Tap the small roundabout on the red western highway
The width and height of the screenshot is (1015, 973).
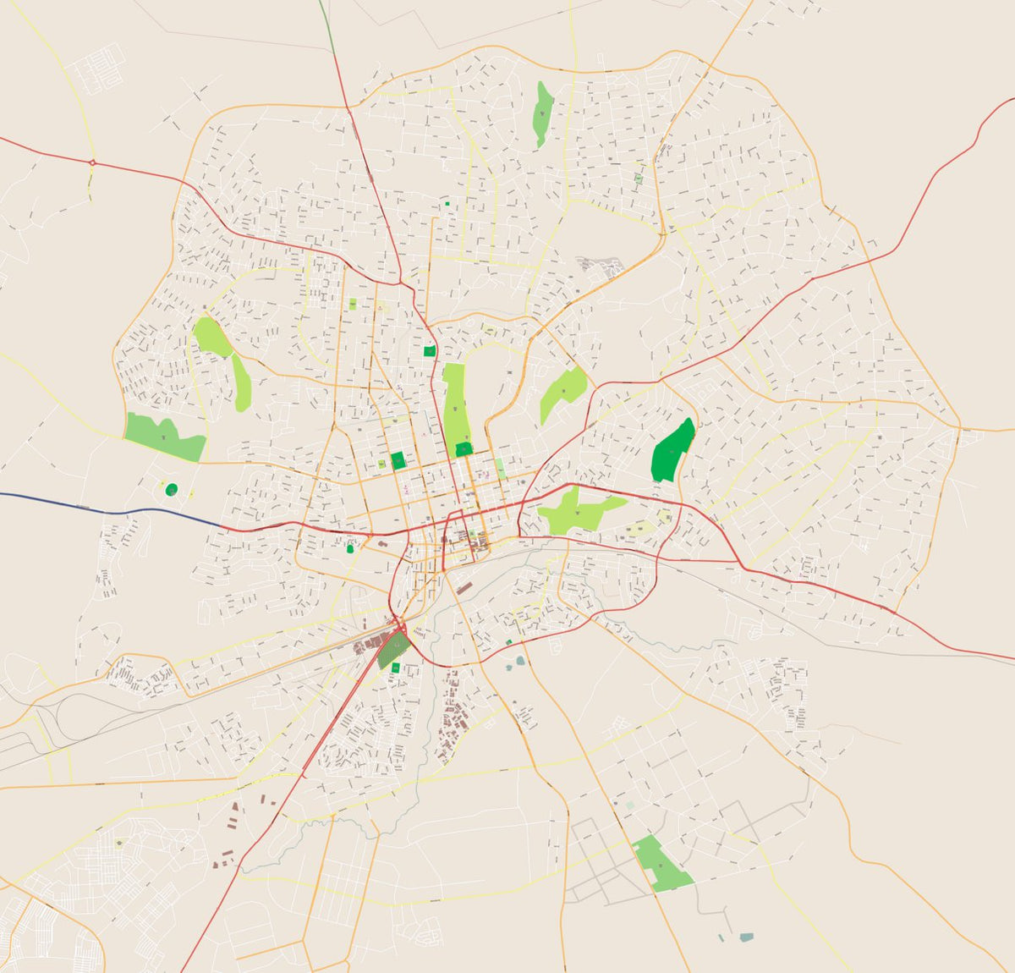click(91, 162)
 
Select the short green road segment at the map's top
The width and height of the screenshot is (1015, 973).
click(326, 25)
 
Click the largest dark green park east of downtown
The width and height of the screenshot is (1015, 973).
click(672, 451)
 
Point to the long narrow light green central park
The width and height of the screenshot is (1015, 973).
click(455, 402)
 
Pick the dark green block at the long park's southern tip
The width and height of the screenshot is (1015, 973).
click(464, 450)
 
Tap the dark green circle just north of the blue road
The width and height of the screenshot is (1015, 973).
click(172, 489)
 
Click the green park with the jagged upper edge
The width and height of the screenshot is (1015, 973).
click(165, 437)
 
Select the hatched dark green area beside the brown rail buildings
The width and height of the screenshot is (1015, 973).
click(392, 650)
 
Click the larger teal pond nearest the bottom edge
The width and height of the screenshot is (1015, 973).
click(745, 937)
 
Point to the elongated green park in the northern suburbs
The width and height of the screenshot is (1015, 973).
click(542, 113)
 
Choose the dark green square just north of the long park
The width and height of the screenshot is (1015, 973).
click(430, 350)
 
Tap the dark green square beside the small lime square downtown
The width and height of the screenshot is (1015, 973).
click(398, 461)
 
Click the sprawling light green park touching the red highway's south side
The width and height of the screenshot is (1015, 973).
click(575, 511)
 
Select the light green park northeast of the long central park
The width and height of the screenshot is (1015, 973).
click(563, 393)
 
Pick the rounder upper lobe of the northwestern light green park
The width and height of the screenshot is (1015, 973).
click(211, 336)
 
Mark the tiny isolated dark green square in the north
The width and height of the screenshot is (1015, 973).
click(447, 204)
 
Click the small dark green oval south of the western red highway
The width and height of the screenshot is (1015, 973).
click(350, 549)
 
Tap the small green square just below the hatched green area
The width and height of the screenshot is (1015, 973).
click(395, 669)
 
